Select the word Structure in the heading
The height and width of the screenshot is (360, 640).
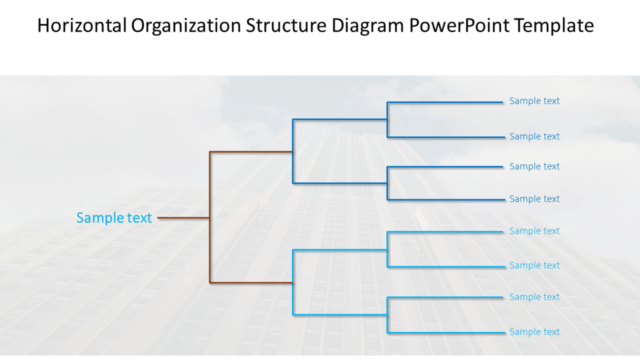[x=286, y=26]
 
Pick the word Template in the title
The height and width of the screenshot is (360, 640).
[x=560, y=26]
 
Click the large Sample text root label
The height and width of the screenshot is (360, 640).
[x=114, y=217]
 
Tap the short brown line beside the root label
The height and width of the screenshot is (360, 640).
[x=182, y=218]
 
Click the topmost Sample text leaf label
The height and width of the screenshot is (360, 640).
[x=534, y=101]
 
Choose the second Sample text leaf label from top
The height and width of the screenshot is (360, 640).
[x=534, y=136]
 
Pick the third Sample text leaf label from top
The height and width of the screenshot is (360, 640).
[x=534, y=166]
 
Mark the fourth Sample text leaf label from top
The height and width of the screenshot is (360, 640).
[x=534, y=199]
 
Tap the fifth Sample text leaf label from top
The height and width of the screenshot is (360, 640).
[x=534, y=231]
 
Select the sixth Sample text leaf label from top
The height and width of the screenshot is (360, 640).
[x=534, y=266]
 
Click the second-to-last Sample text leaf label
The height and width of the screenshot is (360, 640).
[x=534, y=297]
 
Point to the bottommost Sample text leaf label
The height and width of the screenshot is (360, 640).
[x=534, y=332]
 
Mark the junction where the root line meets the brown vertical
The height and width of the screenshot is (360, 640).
[x=210, y=218]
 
